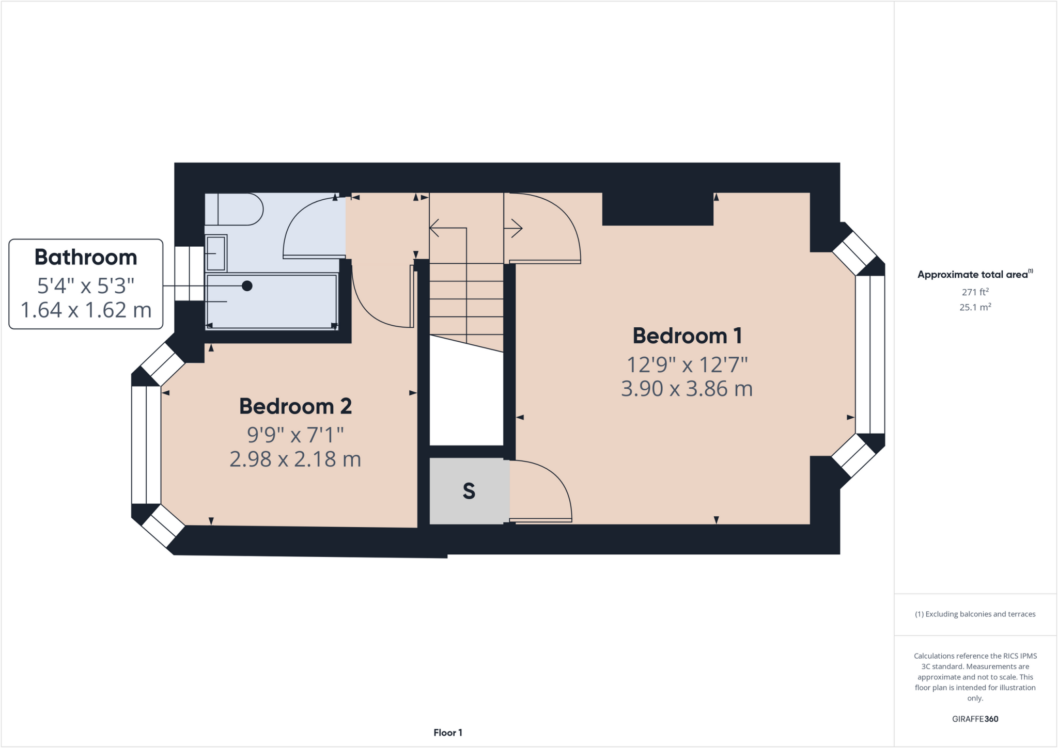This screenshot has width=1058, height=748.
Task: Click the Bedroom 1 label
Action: (687, 336)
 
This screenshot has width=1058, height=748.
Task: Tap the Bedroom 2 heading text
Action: (295, 406)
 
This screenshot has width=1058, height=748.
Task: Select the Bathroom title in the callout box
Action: (86, 257)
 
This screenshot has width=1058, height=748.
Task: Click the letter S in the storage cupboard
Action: (469, 491)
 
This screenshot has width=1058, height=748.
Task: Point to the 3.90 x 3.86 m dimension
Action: (687, 389)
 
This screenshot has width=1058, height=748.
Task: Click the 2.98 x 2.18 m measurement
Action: (295, 459)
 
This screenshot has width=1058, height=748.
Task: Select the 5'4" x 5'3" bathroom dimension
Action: (86, 285)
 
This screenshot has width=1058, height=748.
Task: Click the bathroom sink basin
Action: (216, 253)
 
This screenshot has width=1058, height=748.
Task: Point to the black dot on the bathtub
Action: (247, 285)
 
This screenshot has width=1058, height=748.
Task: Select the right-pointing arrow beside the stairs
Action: (516, 228)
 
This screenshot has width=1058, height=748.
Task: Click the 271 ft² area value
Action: (975, 292)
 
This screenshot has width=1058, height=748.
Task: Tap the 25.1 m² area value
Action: (975, 307)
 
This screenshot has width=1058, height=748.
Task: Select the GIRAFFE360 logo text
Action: (975, 719)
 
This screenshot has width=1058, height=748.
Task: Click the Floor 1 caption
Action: (447, 733)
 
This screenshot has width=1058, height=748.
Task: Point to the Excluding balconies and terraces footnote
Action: (975, 614)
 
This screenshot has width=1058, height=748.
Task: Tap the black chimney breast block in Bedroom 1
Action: (658, 209)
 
